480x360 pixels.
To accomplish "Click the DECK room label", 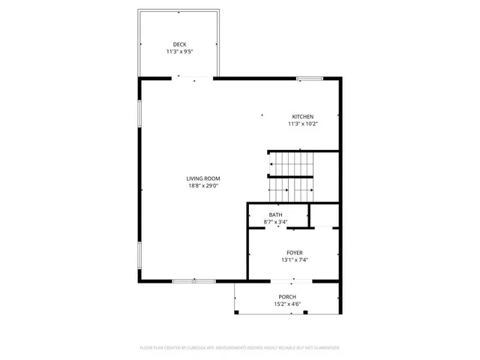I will tap(179, 44).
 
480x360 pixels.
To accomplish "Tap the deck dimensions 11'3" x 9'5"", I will tap(179, 52).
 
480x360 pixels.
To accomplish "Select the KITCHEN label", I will tap(302, 116).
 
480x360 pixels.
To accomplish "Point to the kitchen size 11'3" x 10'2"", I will tap(302, 124).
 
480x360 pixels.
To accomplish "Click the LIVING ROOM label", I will tap(203, 178).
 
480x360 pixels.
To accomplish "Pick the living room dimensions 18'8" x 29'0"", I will tap(203, 185).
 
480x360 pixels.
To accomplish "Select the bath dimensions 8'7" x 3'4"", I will tap(277, 222).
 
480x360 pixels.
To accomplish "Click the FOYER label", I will tap(294, 253).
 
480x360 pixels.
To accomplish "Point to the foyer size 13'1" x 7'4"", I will tap(294, 260).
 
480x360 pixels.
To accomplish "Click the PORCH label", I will tap(288, 297).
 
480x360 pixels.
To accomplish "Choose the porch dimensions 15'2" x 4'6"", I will tap(288, 304).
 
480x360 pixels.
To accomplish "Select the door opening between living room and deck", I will tap(193, 78).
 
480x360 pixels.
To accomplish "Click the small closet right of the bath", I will tap(325, 215).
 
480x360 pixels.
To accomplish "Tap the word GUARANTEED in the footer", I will tap(324, 348).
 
